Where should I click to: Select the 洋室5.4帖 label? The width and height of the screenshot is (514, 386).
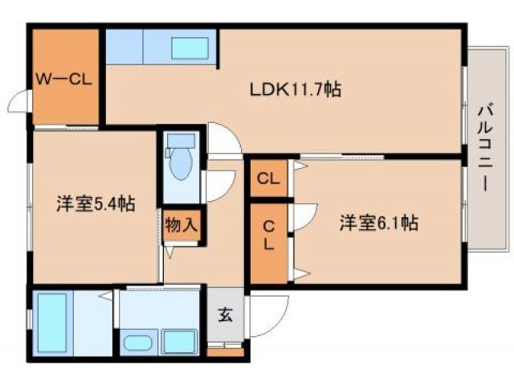95,204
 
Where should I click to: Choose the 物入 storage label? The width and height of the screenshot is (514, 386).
181,224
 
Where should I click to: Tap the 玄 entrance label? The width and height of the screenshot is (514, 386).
225,316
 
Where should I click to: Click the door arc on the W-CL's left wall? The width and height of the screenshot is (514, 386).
19,103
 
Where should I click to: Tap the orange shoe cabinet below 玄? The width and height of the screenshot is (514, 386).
225,351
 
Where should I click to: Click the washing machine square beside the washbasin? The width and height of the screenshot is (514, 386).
178,341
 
